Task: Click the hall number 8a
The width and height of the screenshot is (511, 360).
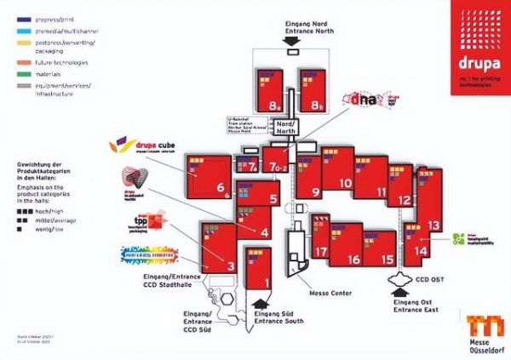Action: tap(273, 106)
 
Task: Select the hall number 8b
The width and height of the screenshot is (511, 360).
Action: tap(318, 106)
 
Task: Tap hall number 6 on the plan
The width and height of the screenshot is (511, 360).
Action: tap(220, 188)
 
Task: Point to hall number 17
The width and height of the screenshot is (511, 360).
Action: tap(320, 252)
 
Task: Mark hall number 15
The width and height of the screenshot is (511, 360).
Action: tap(388, 260)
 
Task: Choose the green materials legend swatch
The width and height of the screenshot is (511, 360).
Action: tap(22, 72)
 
